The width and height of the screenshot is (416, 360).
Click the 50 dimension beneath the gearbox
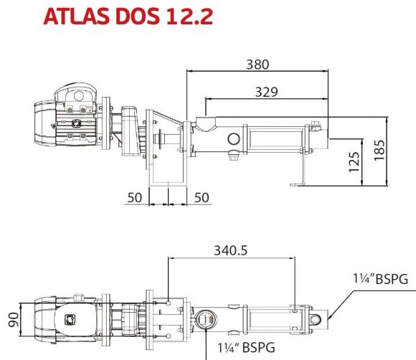[134, 197]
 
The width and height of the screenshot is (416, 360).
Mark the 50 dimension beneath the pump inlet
[203, 197]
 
